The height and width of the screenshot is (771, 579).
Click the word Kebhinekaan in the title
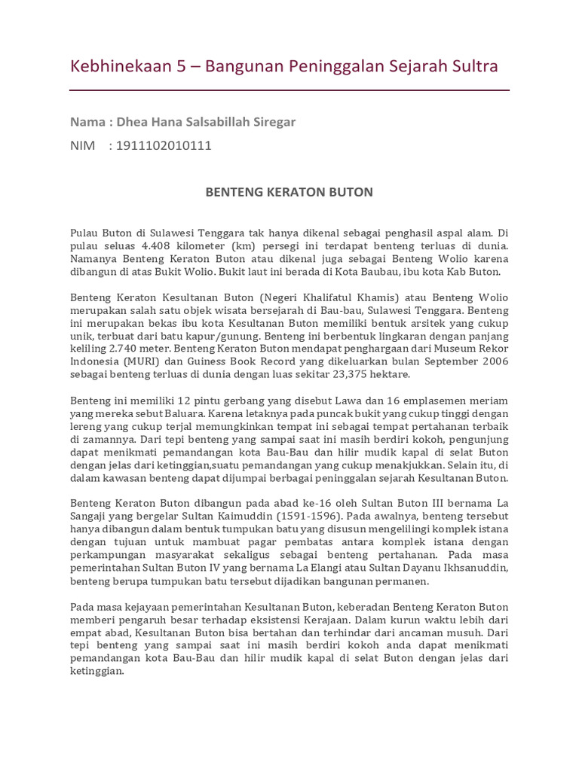pyautogui.click(x=120, y=66)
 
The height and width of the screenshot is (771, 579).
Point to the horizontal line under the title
pyautogui.click(x=289, y=90)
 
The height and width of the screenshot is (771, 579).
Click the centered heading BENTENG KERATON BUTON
pyautogui.click(x=289, y=192)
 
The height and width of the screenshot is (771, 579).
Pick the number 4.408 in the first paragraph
pyautogui.click(x=159, y=245)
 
